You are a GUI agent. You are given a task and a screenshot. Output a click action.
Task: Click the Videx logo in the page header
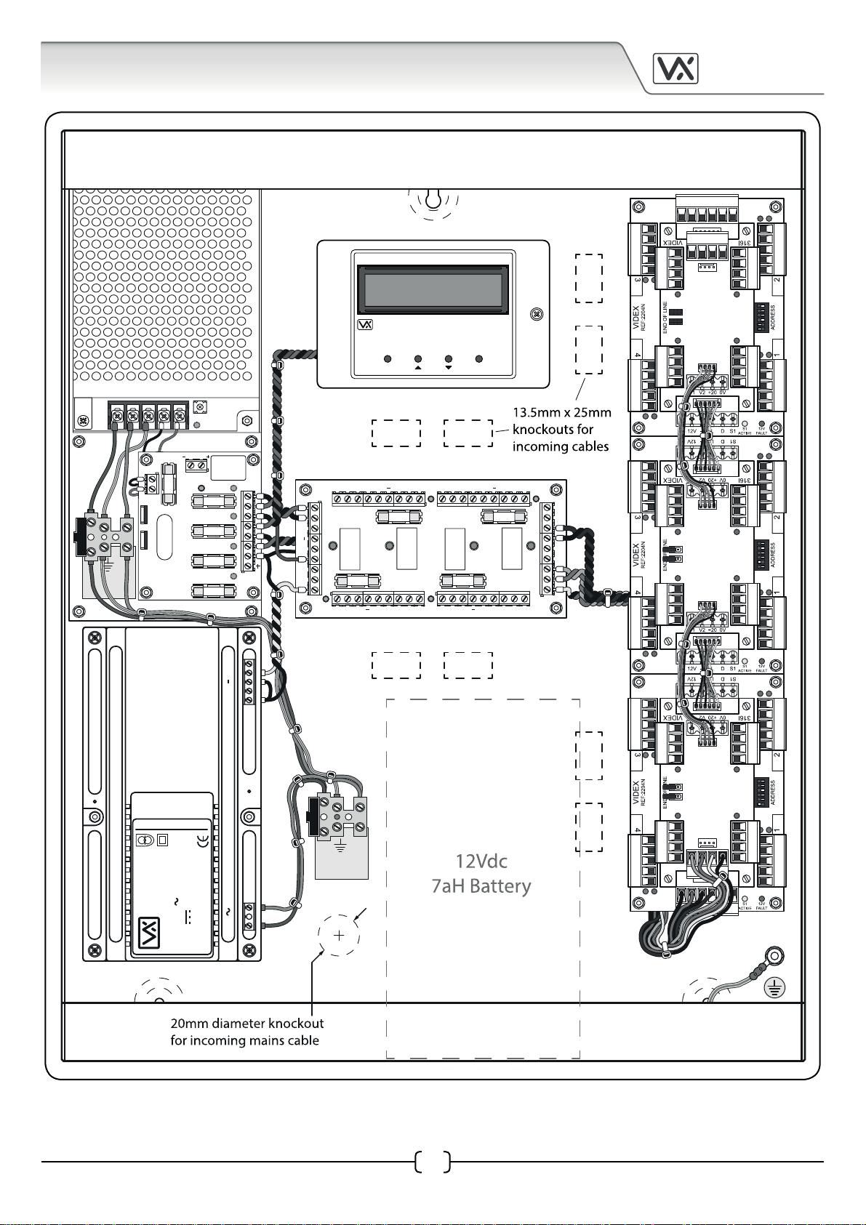pyautogui.click(x=675, y=69)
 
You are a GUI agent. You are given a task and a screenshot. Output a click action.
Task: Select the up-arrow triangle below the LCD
pyautogui.click(x=418, y=367)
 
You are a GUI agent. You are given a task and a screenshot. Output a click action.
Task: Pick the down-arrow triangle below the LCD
pyautogui.click(x=449, y=367)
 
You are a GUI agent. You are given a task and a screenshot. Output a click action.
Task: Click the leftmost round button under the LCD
pyautogui.click(x=388, y=358)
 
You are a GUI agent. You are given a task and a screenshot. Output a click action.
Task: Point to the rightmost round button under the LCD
pyautogui.click(x=479, y=358)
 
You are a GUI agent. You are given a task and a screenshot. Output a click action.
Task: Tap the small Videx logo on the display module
pyautogui.click(x=365, y=325)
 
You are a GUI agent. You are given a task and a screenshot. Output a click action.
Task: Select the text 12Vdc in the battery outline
pyautogui.click(x=481, y=861)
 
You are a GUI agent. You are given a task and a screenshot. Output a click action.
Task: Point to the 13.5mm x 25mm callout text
pyautogui.click(x=561, y=412)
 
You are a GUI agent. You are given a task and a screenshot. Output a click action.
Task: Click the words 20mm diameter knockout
pyautogui.click(x=247, y=1024)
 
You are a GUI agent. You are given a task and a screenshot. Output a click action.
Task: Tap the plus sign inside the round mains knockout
pyautogui.click(x=339, y=935)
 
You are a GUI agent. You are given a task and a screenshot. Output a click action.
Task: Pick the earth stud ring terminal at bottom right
pyautogui.click(x=775, y=957)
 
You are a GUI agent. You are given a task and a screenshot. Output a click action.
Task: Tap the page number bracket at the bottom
pyautogui.click(x=433, y=1162)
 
